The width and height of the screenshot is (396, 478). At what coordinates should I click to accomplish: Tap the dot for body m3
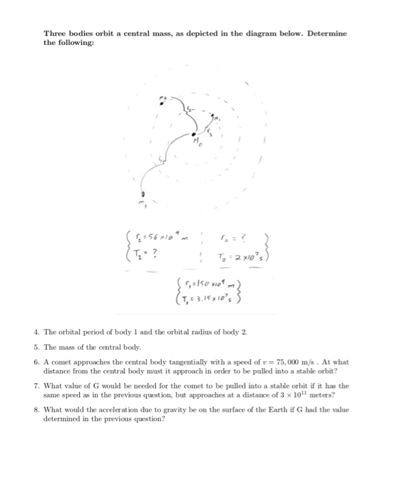click(143, 194)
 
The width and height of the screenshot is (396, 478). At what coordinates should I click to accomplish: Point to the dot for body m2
click(161, 103)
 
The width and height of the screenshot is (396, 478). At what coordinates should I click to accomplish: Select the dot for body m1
click(213, 115)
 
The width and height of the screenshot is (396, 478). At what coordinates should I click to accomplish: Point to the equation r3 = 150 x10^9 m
click(199, 284)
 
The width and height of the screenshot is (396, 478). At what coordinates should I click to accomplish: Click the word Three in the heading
click(55, 33)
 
